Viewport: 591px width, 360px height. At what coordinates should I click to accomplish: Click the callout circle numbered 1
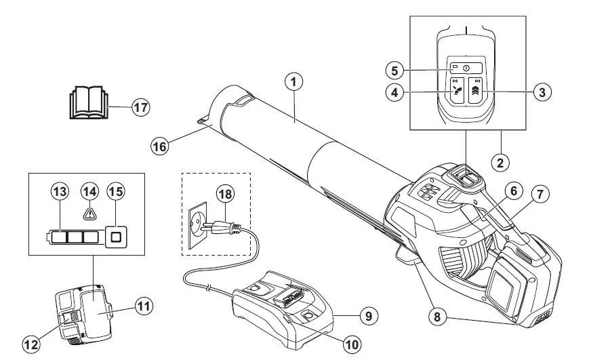click(293, 82)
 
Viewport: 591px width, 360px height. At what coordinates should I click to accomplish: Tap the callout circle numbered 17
click(140, 106)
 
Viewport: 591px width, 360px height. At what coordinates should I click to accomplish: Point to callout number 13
click(60, 192)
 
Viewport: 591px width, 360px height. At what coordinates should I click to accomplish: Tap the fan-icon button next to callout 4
click(457, 92)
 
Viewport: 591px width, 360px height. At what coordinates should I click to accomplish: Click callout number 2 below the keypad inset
click(500, 162)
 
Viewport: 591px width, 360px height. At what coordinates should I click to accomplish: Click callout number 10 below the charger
click(351, 344)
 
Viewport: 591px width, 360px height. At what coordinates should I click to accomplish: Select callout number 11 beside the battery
click(144, 306)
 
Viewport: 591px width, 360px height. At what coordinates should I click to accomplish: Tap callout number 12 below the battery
click(31, 345)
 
